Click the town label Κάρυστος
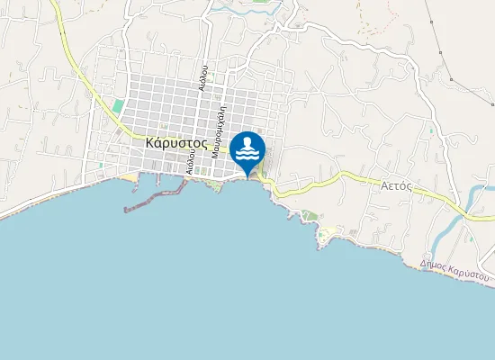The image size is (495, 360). [176, 142]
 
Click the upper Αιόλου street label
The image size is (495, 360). [204, 78]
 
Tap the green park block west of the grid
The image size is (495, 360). [118, 106]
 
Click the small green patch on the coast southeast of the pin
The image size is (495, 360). [310, 215]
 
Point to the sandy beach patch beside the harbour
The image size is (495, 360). [131, 177]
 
